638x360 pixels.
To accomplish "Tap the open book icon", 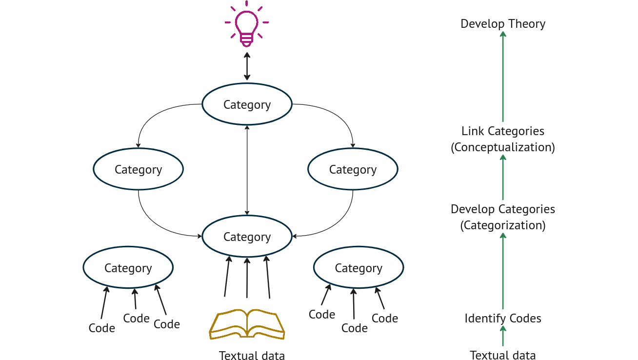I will (247, 323).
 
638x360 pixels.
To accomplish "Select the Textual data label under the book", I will (252, 355).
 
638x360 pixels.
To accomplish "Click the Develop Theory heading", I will (503, 24).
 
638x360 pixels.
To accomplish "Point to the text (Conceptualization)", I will (503, 147).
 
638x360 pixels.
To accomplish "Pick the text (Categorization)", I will (503, 225).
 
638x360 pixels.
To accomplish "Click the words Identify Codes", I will (503, 319).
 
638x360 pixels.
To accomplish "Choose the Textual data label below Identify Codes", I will (503, 355).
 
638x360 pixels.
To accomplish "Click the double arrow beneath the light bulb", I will (247, 68).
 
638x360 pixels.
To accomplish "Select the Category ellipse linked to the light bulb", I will (247, 104).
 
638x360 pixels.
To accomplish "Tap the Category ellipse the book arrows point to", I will (247, 237).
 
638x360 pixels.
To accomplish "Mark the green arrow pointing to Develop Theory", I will (503, 78).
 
